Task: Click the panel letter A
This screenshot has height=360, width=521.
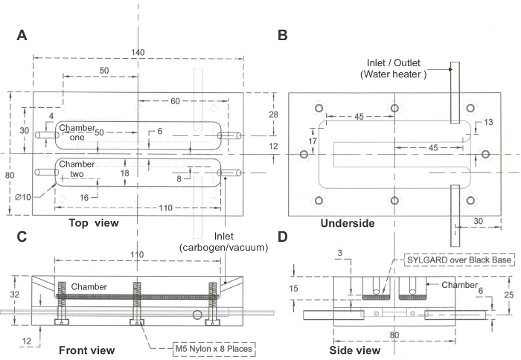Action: [22, 35]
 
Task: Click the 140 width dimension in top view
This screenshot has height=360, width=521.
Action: [138, 53]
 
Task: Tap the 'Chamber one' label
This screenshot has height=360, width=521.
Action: [77, 132]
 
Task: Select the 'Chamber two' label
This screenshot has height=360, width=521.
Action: [77, 169]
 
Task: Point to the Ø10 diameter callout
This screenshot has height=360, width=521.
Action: [23, 197]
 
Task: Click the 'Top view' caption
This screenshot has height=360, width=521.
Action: [94, 222]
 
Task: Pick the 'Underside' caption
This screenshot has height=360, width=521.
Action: [348, 223]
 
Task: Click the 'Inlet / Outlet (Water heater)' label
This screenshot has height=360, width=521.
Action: [394, 68]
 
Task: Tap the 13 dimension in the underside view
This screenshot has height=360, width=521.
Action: [488, 122]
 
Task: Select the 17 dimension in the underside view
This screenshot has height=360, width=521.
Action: [313, 141]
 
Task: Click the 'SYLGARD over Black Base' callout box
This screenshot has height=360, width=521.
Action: [459, 260]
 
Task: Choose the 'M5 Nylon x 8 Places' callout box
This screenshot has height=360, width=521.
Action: [214, 349]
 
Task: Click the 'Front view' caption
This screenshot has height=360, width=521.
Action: [87, 350]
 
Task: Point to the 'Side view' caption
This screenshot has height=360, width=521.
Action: [355, 350]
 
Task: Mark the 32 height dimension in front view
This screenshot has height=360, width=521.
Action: [14, 295]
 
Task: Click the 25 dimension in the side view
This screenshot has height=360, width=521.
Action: [508, 295]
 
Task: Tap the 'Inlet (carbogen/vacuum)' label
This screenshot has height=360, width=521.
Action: [223, 242]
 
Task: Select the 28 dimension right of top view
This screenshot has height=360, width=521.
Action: [273, 115]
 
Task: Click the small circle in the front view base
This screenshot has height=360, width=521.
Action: [197, 315]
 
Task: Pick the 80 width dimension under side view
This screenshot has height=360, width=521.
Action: [394, 335]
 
